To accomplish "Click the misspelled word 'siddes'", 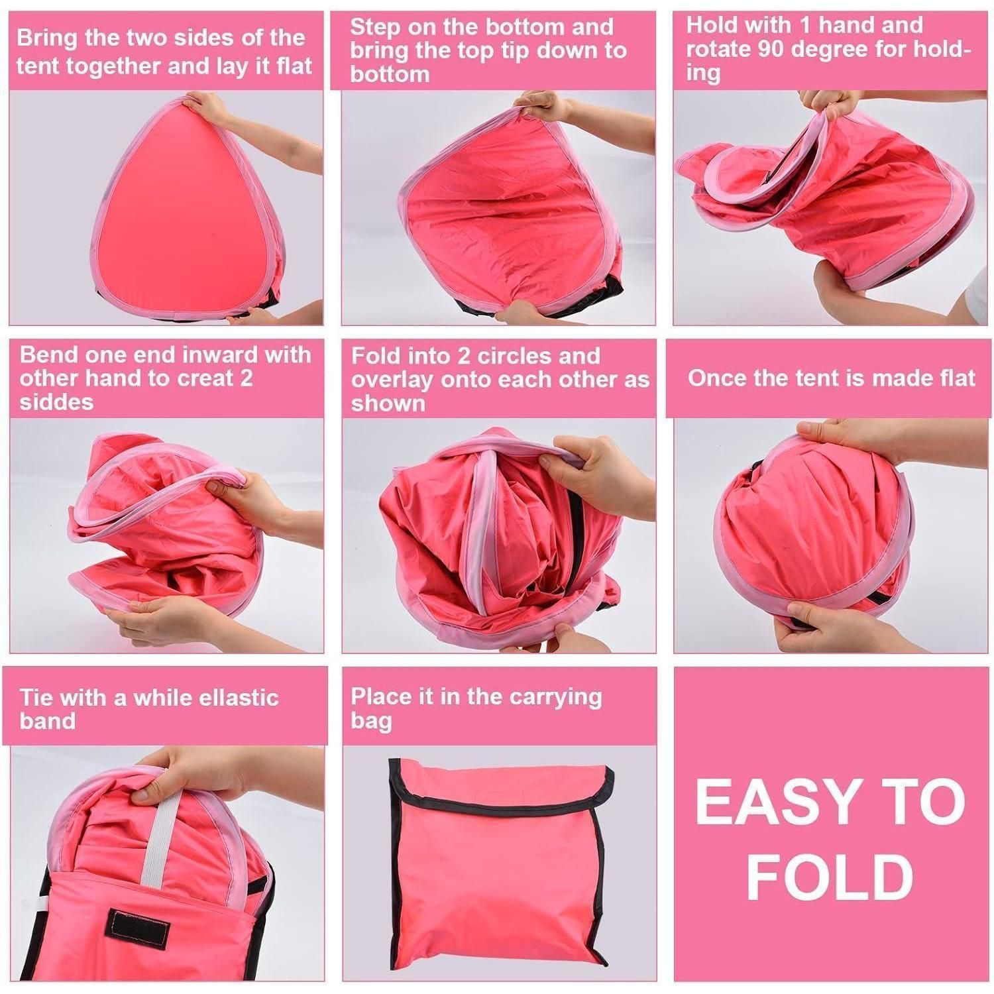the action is click(x=56, y=402).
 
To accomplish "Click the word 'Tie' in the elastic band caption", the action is click(x=36, y=697).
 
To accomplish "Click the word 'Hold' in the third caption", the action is click(x=710, y=25).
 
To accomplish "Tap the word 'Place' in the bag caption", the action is click(x=379, y=696).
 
